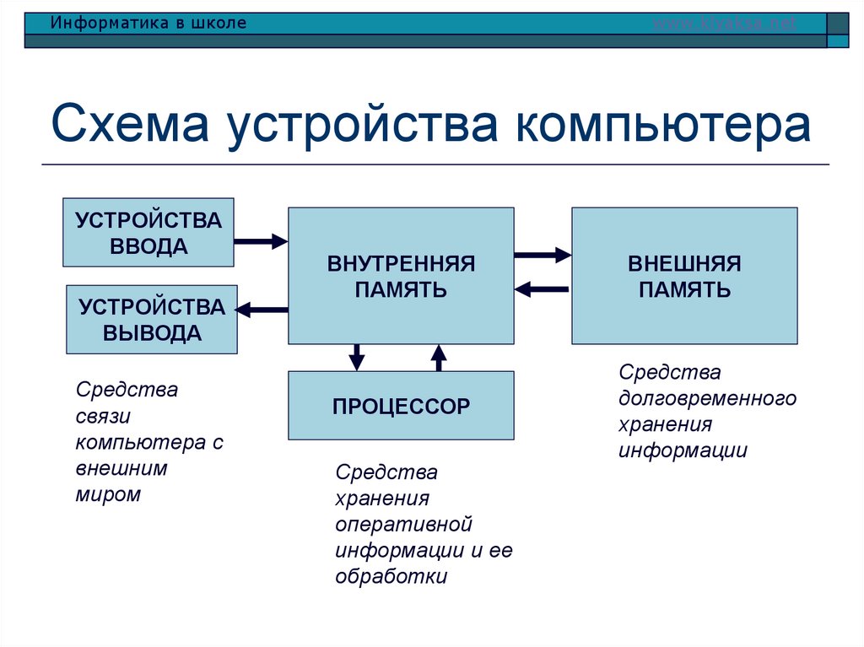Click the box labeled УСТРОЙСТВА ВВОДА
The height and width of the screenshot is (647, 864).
(148, 233)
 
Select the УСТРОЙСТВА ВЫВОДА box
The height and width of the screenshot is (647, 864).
(152, 320)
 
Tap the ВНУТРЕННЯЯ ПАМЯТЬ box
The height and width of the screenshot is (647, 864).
(401, 276)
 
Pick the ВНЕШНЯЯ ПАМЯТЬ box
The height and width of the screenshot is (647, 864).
(684, 276)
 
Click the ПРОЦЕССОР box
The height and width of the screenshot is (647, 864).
(401, 406)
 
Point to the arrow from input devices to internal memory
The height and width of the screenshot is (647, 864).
(261, 241)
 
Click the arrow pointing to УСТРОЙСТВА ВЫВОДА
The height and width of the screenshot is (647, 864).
(262, 310)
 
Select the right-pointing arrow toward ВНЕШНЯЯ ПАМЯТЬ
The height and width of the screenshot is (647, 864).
(543, 254)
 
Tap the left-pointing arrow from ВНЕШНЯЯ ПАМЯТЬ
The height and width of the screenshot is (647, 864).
(543, 289)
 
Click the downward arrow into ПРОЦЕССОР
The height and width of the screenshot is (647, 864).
(357, 357)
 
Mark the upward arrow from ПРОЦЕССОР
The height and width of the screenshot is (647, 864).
(438, 357)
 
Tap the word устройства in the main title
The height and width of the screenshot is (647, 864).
(363, 125)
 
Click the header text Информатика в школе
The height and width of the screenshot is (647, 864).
(148, 23)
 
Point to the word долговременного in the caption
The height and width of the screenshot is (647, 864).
(707, 398)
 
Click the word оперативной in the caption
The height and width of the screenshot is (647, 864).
(402, 525)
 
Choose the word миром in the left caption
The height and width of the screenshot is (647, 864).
(108, 494)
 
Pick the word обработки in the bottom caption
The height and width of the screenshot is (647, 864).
(391, 577)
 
